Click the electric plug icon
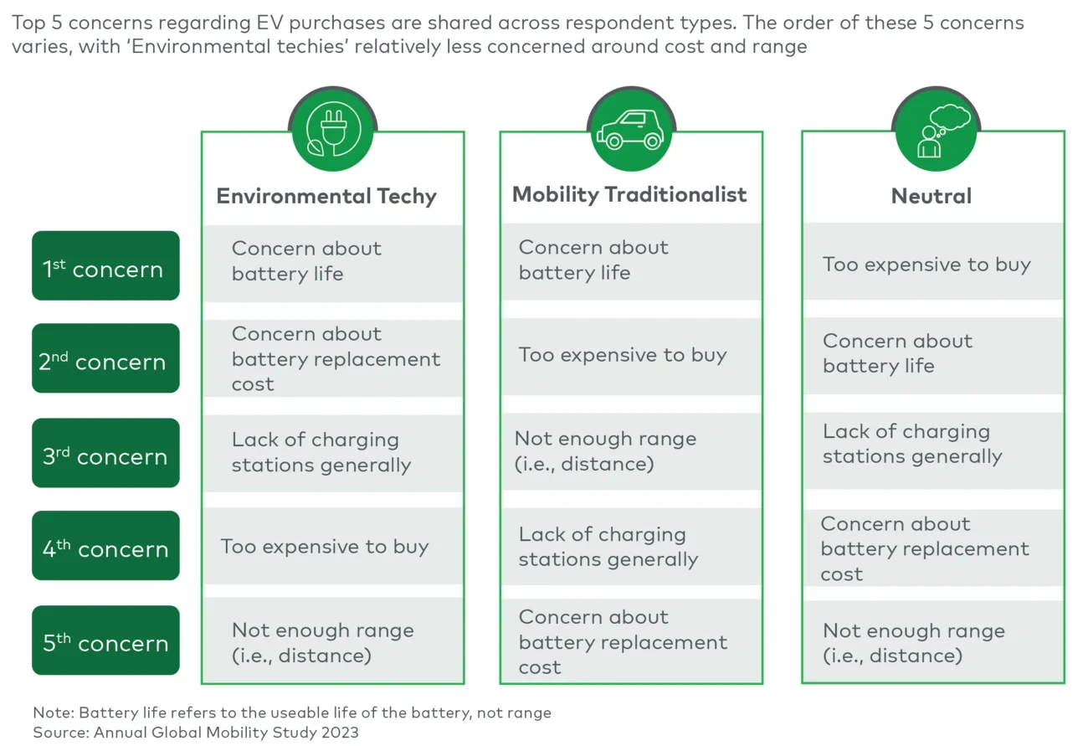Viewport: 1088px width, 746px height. [x=332, y=130]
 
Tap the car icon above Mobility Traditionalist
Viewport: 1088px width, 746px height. [x=630, y=130]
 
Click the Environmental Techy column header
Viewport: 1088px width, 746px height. [x=326, y=196]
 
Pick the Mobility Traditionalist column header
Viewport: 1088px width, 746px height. [x=629, y=194]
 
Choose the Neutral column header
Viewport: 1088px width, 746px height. [x=931, y=196]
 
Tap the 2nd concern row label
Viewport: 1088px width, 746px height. [x=105, y=360]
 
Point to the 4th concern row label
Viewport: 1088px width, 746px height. [x=105, y=548]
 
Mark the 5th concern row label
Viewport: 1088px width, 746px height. [x=105, y=641]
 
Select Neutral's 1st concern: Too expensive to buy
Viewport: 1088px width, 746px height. [x=926, y=265]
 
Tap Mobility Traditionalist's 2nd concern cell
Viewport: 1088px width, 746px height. [x=623, y=355]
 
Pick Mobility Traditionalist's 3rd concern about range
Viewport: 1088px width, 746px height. [x=605, y=451]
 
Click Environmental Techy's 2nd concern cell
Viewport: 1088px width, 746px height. [x=335, y=358]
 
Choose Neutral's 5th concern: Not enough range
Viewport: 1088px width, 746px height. [x=913, y=643]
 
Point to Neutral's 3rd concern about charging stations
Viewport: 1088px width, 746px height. [x=911, y=444]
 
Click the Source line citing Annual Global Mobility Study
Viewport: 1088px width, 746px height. [x=196, y=733]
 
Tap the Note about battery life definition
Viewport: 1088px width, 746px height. [x=292, y=713]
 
